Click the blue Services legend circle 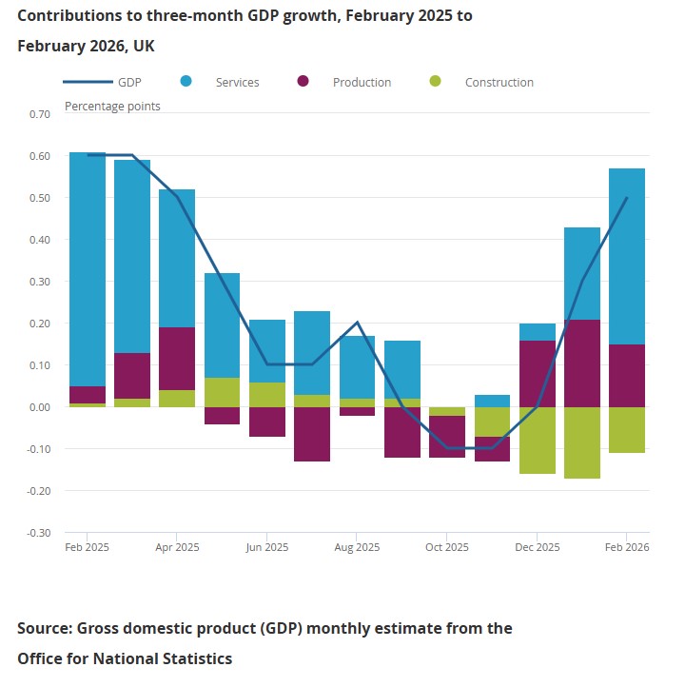[186, 82]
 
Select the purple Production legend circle [303, 82]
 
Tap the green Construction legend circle [436, 82]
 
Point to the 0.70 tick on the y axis [40, 114]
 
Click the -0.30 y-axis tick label [39, 533]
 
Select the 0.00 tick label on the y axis [40, 407]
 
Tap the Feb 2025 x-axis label [86, 548]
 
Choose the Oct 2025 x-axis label [447, 548]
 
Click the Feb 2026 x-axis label [626, 548]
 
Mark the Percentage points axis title [112, 106]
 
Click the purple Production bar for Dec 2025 [537, 374]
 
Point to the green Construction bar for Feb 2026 [627, 430]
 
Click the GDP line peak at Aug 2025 [357, 324]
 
